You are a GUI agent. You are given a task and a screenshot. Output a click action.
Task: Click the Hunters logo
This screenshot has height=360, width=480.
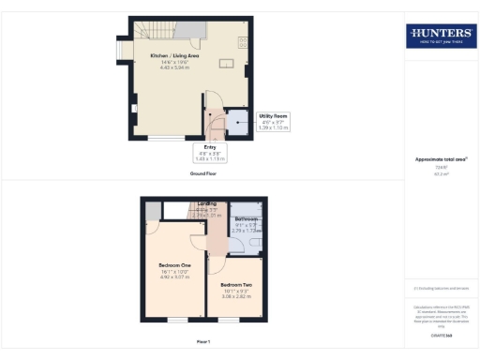441,37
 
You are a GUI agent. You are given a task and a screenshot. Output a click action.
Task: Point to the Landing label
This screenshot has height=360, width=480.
208,203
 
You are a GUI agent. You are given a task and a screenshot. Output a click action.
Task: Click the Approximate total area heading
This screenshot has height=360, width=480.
441,159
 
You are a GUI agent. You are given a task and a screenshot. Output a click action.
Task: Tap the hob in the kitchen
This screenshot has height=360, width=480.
242,41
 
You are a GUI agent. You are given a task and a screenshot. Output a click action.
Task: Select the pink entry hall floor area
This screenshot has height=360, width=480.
214,122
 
